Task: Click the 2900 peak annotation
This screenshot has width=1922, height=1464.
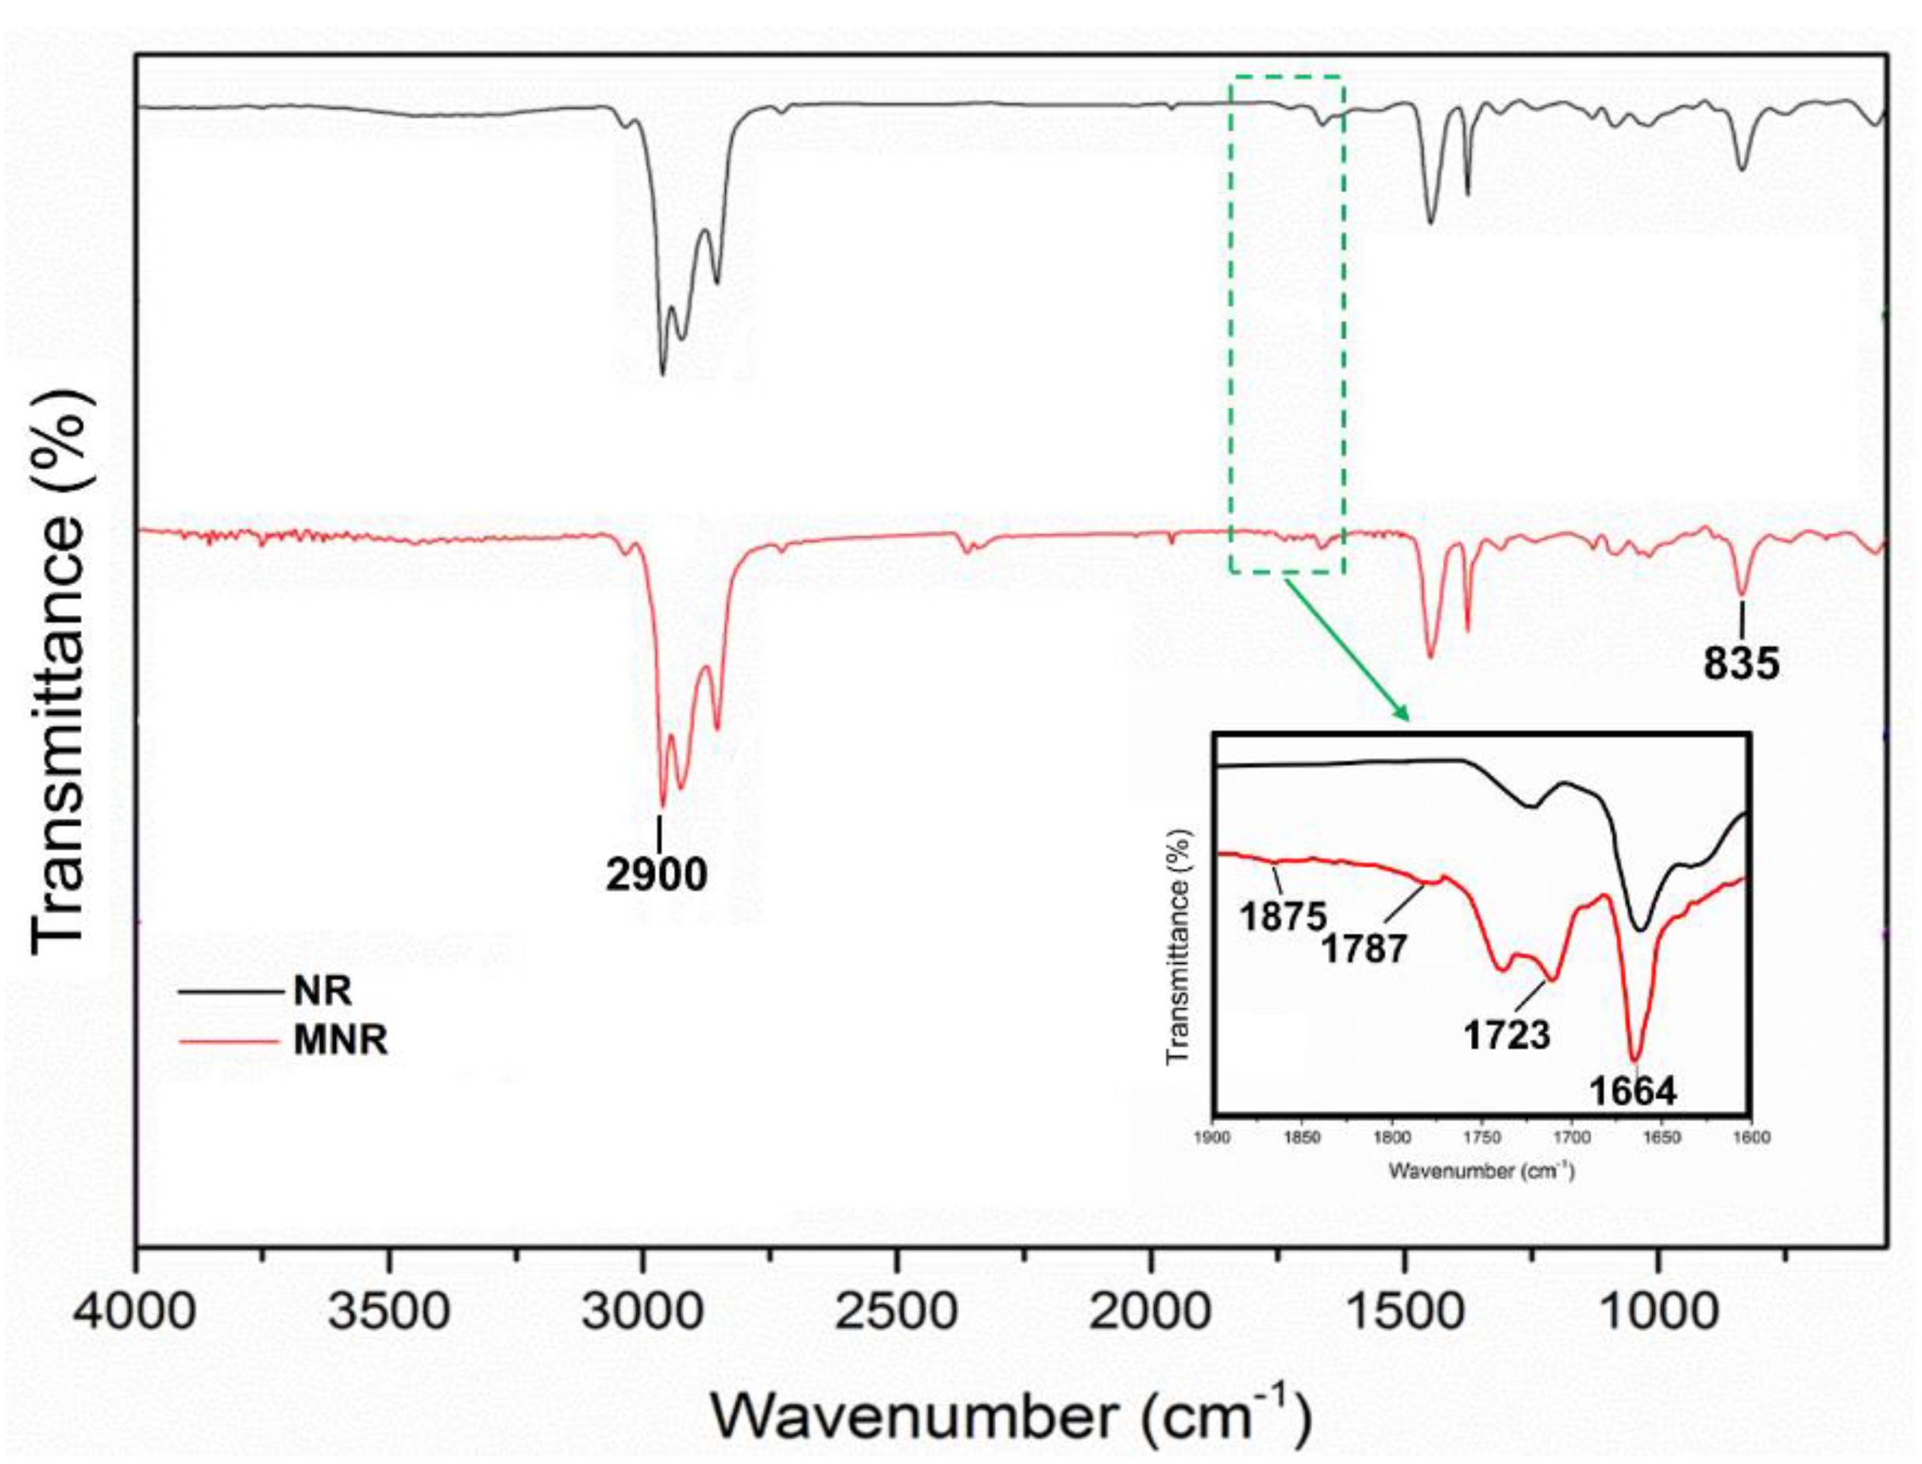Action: (658, 874)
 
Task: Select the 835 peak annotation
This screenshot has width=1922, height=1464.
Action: (1741, 664)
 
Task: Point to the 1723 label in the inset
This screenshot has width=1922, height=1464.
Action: (1507, 1035)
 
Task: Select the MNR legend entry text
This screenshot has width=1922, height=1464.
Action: (340, 1039)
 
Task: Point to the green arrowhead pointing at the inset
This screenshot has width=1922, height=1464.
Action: (1401, 712)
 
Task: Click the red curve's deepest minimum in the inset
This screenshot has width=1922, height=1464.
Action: (1635, 1056)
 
